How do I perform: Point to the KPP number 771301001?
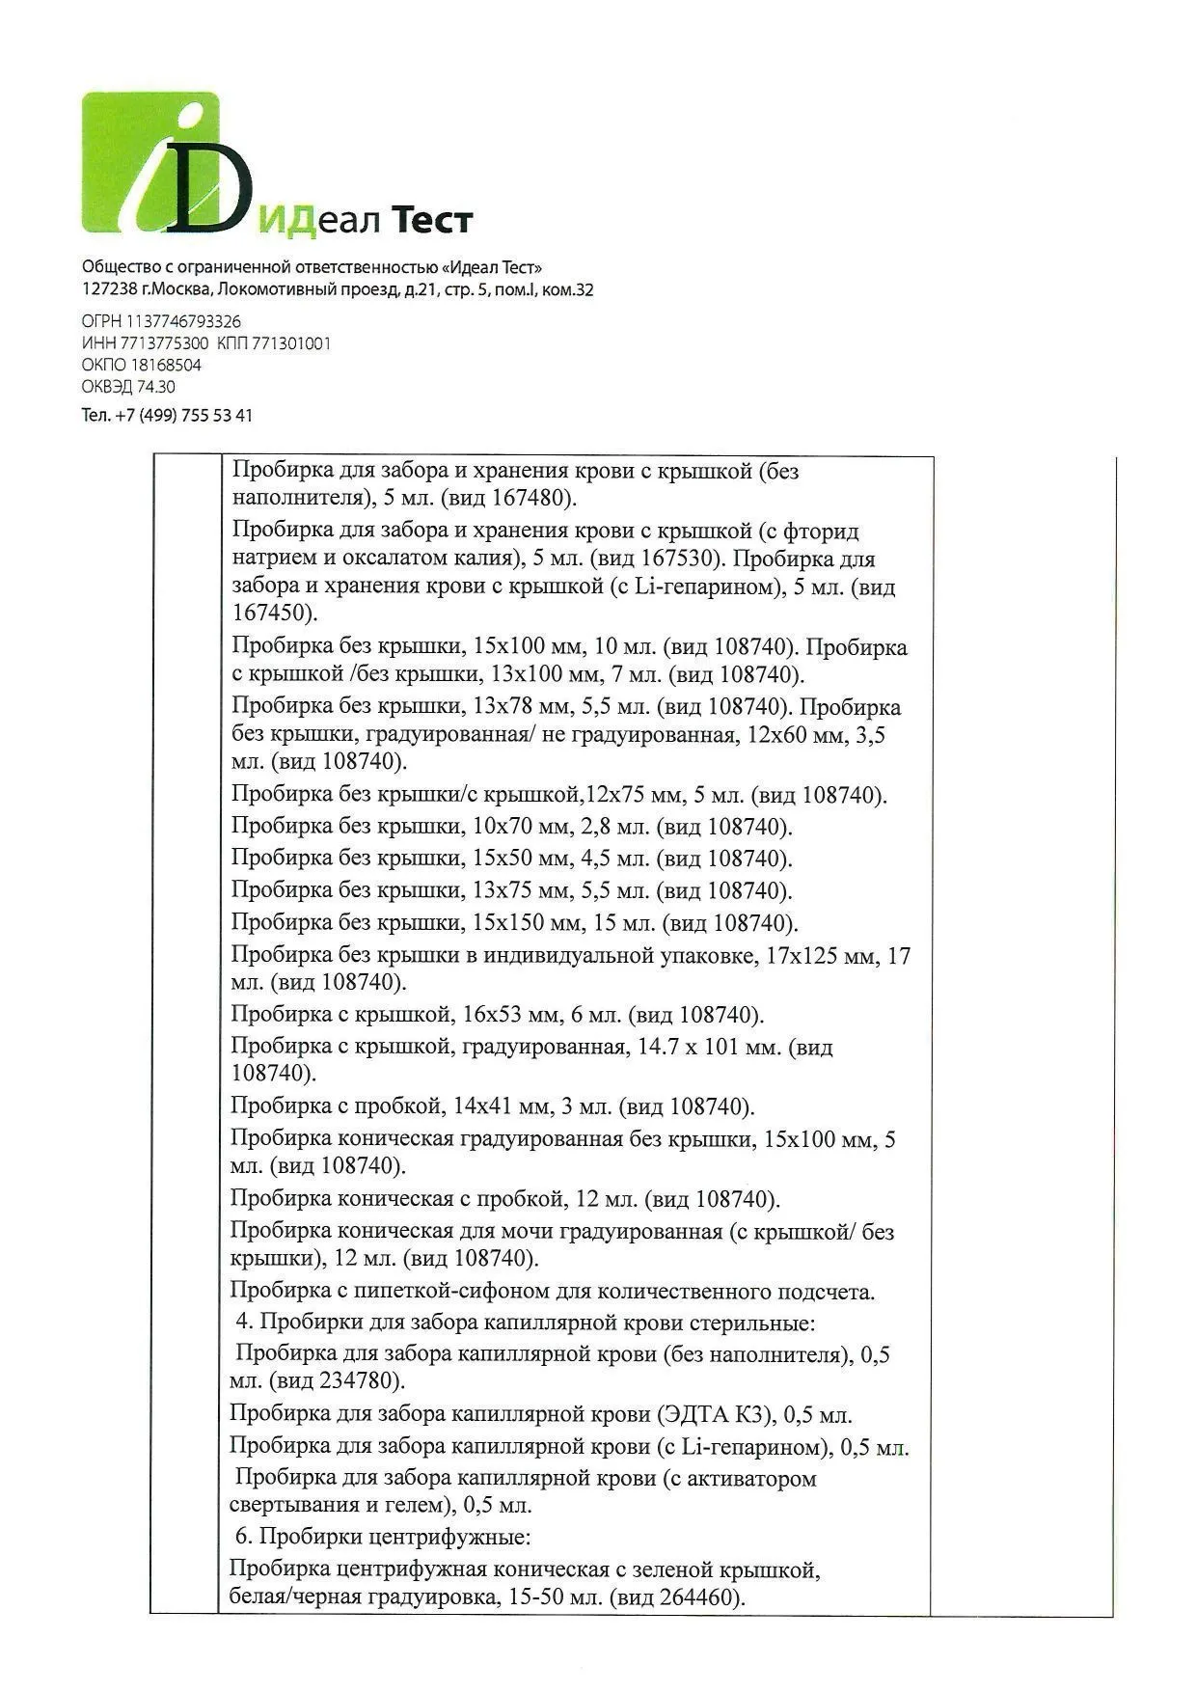[x=291, y=343]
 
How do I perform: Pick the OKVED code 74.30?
[x=157, y=387]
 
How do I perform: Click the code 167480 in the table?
[x=530, y=499]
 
